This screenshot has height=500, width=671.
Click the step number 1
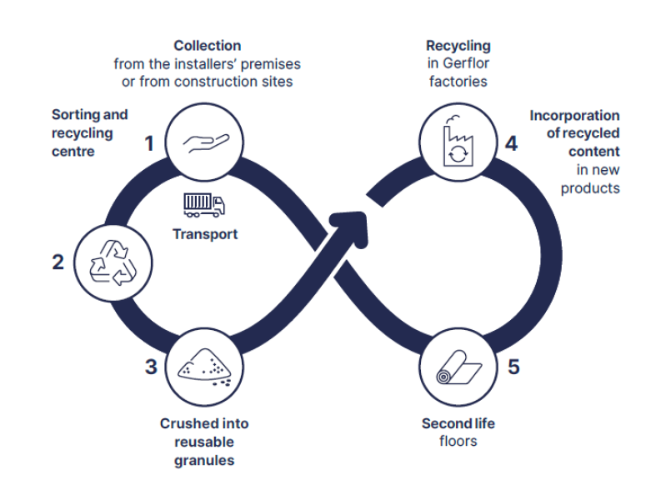click(x=150, y=144)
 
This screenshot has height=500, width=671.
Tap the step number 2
click(x=58, y=262)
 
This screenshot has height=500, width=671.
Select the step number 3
click(x=150, y=367)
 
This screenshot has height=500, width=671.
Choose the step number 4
click(x=511, y=143)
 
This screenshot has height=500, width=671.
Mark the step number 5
click(x=513, y=367)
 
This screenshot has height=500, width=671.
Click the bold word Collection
click(x=208, y=46)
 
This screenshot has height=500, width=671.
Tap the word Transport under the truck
click(x=205, y=234)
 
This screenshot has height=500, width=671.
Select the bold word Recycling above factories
click(x=458, y=46)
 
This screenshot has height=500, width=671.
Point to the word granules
click(x=204, y=459)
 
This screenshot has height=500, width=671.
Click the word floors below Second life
click(x=458, y=441)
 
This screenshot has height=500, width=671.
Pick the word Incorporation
click(x=574, y=116)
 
